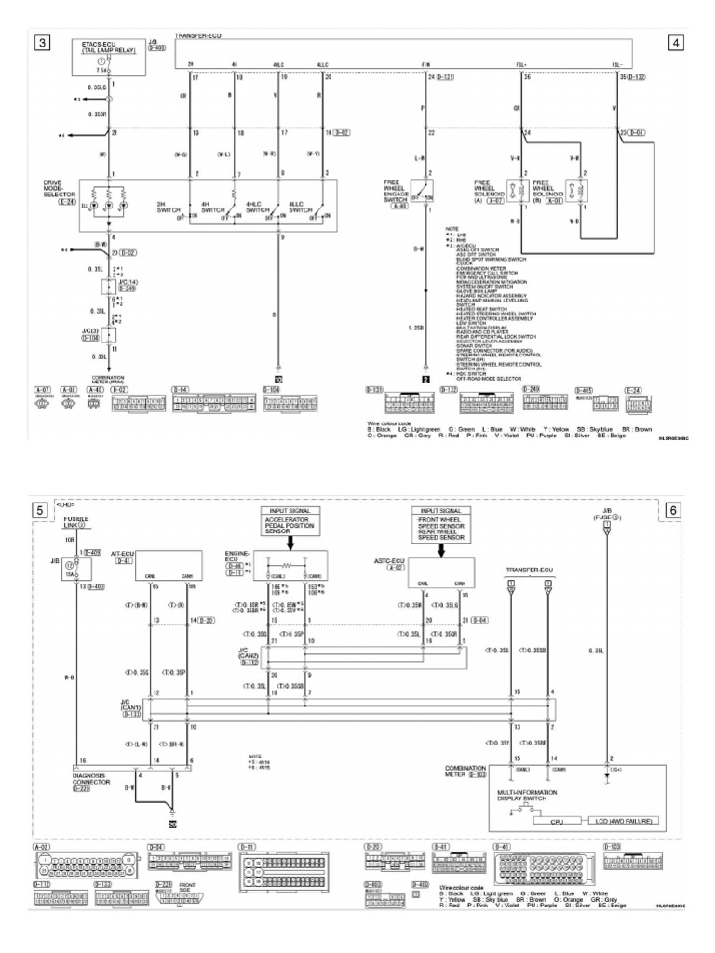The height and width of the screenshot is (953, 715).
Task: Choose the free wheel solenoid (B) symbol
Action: tap(578, 189)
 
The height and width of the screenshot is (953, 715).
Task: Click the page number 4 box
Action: tap(675, 43)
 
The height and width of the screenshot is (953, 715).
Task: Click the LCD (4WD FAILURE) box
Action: tap(617, 820)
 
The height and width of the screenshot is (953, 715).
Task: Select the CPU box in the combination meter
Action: tap(555, 820)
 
